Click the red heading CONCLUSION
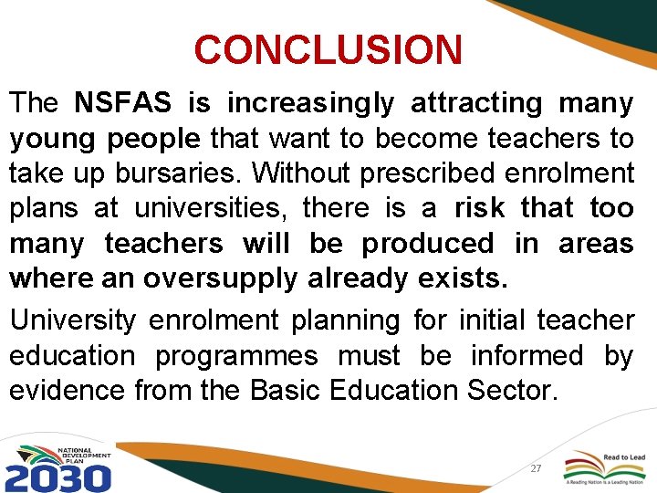(328, 49)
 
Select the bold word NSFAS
(122, 104)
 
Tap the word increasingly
(310, 104)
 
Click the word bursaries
(172, 173)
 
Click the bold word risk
(480, 208)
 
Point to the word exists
(461, 278)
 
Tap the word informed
(531, 355)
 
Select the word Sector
(510, 391)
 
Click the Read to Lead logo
(608, 466)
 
